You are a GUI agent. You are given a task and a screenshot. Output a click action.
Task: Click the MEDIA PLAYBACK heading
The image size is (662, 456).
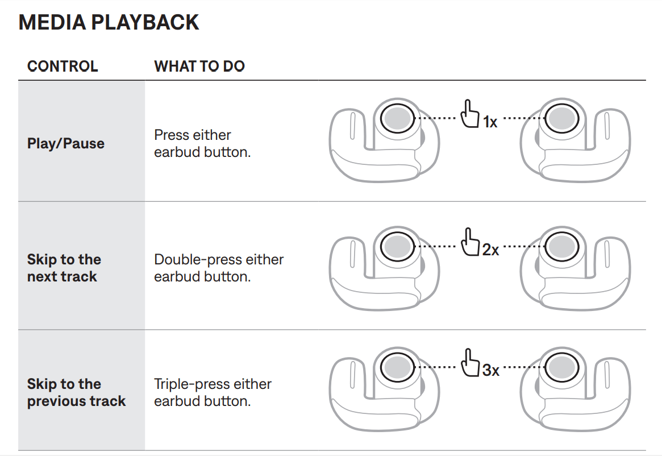[109, 22]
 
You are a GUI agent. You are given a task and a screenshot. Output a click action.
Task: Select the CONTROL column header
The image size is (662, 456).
[63, 66]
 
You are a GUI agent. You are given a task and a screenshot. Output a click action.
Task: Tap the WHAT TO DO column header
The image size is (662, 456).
[199, 66]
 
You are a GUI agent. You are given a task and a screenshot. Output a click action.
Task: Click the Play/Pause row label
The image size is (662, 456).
[66, 143]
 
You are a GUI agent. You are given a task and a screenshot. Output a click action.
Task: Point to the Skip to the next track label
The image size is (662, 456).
[64, 268]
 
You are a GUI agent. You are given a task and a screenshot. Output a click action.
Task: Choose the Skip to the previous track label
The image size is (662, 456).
[76, 392]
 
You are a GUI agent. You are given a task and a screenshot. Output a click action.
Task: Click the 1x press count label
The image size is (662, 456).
[490, 122]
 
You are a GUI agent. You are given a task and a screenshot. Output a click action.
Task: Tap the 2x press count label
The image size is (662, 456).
[490, 250]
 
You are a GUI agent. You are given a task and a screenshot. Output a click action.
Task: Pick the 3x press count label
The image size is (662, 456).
[490, 370]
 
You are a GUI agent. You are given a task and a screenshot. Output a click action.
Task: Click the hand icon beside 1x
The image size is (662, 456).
[469, 114]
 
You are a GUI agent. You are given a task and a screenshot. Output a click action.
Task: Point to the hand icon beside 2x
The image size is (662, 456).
[469, 243]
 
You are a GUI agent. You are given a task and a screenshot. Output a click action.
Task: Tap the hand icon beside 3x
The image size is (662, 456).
[469, 363]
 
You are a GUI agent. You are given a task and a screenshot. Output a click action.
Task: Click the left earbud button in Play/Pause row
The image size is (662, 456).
[397, 118]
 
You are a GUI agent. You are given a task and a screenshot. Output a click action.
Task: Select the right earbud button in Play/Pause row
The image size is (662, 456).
[561, 118]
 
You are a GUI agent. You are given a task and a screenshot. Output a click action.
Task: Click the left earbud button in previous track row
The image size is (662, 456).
[397, 367]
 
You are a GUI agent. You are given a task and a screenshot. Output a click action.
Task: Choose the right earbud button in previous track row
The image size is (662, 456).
[561, 367]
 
